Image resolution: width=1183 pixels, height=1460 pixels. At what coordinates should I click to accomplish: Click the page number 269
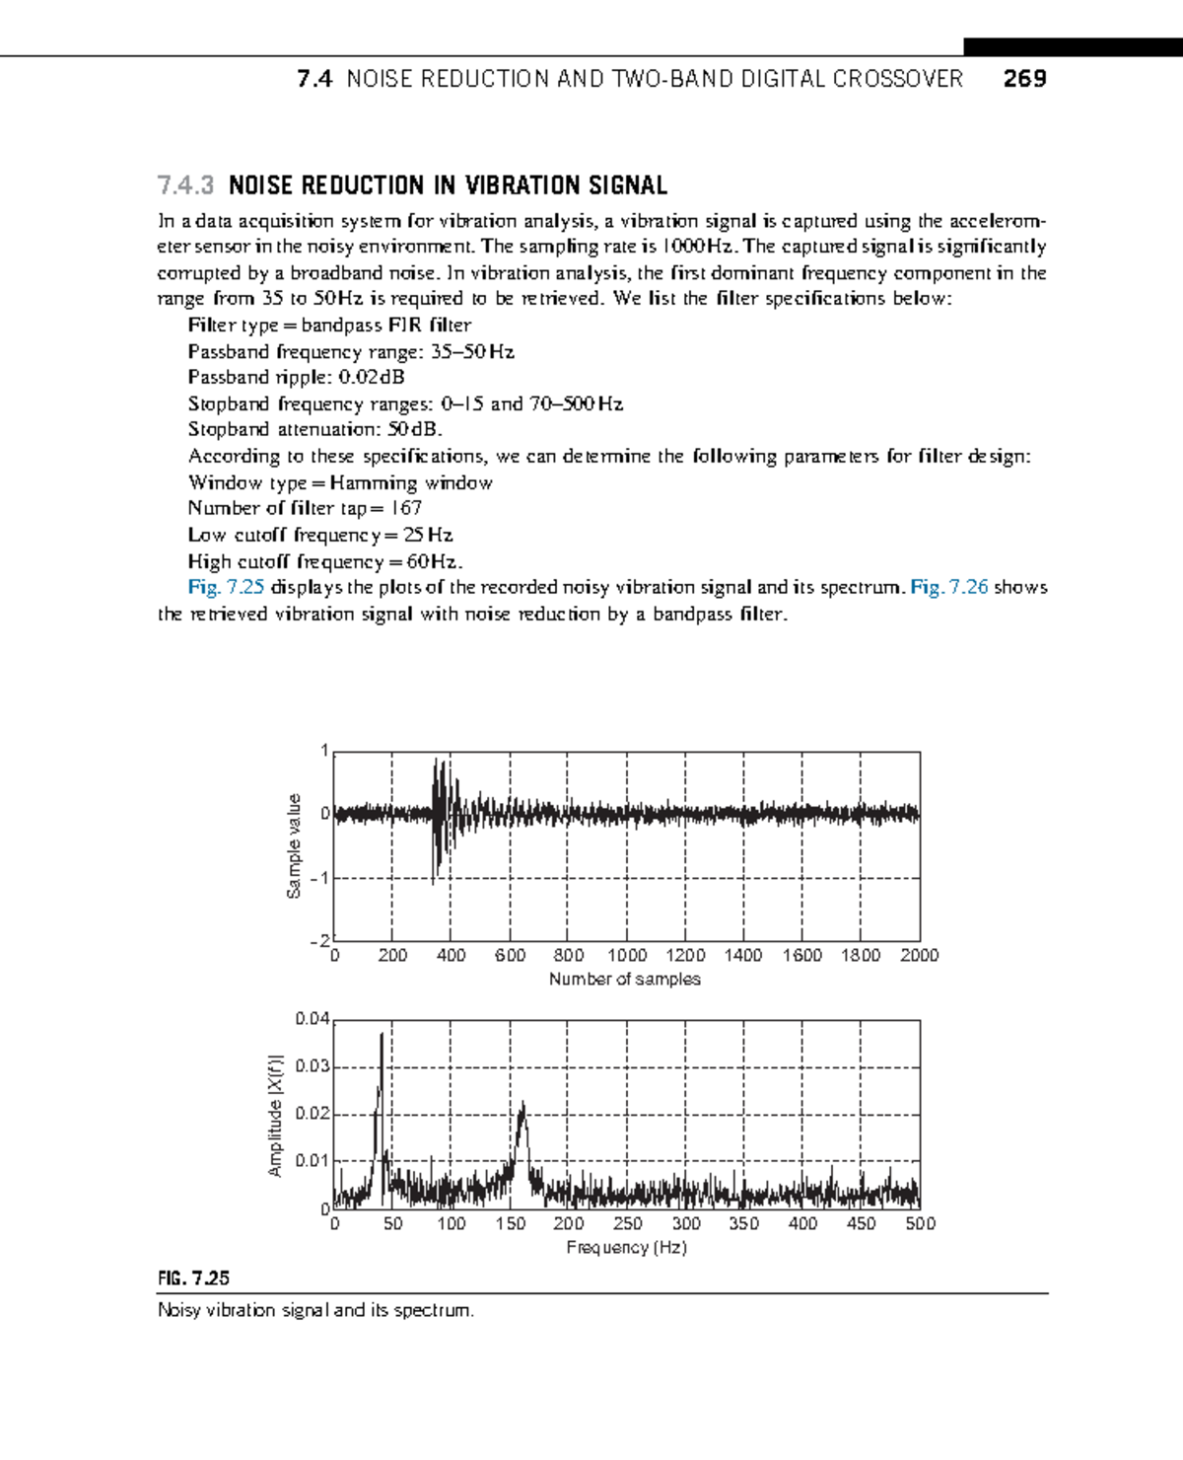(x=1024, y=79)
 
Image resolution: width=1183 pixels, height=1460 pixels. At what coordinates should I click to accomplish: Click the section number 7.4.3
(x=185, y=185)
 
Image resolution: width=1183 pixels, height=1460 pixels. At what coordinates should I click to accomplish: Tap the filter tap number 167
(x=405, y=508)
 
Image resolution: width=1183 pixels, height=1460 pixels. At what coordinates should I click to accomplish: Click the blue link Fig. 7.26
(x=948, y=587)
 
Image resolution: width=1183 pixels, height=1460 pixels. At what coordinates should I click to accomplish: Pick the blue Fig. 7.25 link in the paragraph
(x=226, y=587)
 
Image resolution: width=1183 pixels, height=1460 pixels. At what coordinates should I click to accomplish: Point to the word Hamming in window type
(x=374, y=482)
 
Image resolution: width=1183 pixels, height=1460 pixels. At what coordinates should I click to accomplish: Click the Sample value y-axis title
(x=293, y=846)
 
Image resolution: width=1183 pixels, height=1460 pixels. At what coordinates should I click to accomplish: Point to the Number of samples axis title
(x=624, y=979)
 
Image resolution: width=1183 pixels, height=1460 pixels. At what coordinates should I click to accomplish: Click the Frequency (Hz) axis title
(x=626, y=1247)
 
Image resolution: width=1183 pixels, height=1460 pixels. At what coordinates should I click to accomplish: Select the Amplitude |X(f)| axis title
(x=275, y=1115)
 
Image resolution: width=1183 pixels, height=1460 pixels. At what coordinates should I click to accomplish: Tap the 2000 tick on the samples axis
(x=919, y=955)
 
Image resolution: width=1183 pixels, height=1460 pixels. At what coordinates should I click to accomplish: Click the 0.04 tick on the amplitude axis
(x=312, y=1018)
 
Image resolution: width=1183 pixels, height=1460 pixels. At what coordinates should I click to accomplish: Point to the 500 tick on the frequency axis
(x=919, y=1223)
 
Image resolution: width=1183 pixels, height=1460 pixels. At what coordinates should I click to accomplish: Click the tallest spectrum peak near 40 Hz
(x=382, y=1036)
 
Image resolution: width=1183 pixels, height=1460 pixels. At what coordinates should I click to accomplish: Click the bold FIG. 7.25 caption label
(x=193, y=1277)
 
